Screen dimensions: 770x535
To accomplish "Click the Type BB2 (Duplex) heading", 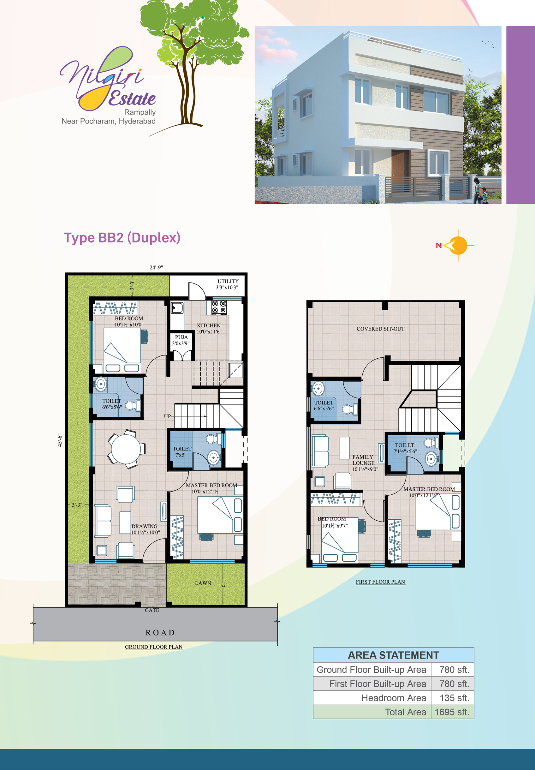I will click(x=122, y=238).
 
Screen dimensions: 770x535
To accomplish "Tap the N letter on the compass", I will click(x=438, y=245).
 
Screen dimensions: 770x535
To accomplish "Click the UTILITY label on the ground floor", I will click(x=228, y=281).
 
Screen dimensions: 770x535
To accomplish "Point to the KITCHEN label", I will click(x=209, y=325).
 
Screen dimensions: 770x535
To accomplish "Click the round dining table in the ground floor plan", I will click(x=126, y=449).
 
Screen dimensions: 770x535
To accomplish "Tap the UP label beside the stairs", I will click(x=167, y=416).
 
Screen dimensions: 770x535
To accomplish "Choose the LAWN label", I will click(x=203, y=583).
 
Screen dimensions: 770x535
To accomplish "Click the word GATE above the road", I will click(x=152, y=610).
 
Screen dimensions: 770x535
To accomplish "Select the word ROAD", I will click(x=160, y=633).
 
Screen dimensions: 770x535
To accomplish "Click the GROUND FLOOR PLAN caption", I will click(x=153, y=647).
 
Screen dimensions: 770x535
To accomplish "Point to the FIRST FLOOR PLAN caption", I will click(x=380, y=582).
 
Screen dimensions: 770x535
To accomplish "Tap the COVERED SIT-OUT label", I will click(x=380, y=329).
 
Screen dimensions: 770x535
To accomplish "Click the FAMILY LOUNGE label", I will click(x=363, y=460).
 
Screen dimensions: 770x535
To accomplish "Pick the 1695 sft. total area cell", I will click(x=452, y=712).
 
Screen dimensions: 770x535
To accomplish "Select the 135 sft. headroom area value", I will click(x=454, y=698).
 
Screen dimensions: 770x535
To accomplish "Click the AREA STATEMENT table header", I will click(x=393, y=655).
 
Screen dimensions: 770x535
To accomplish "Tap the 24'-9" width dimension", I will click(x=156, y=267).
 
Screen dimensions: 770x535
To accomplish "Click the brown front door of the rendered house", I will click(x=400, y=163).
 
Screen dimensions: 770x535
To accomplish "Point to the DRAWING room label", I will click(x=144, y=526).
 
